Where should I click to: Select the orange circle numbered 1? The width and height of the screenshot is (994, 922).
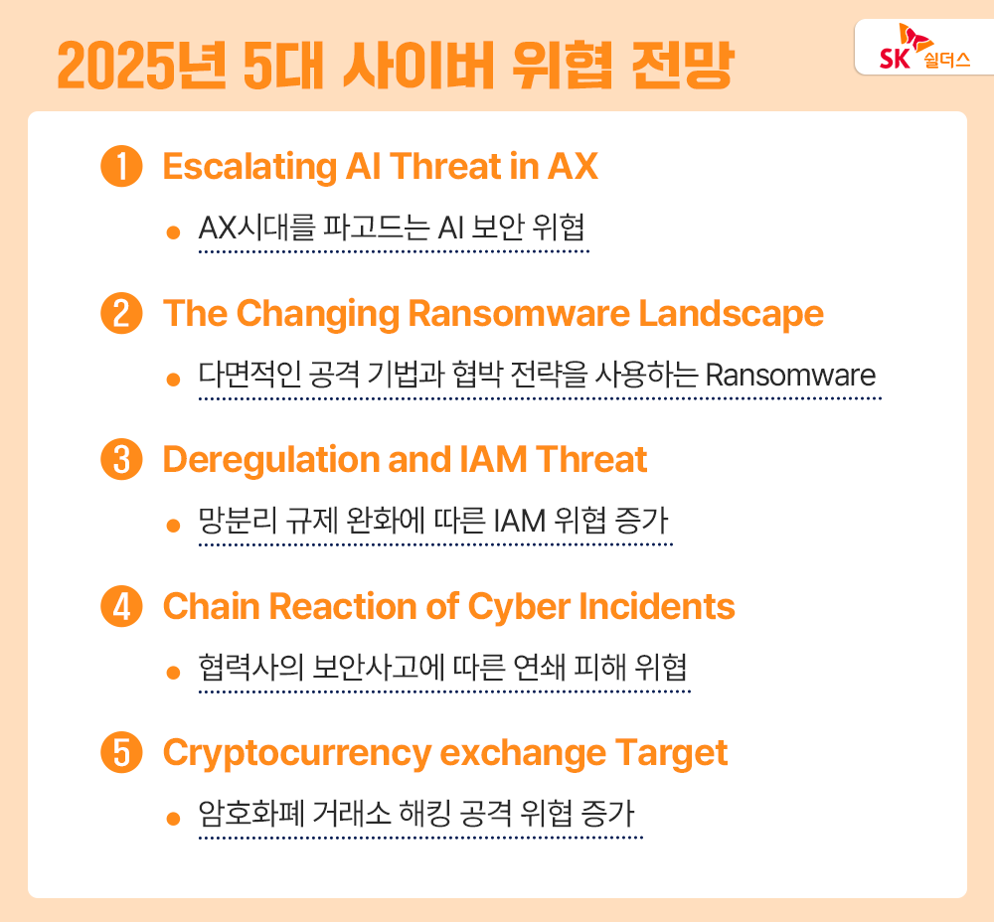tap(122, 167)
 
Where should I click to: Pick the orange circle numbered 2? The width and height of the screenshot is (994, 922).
tap(122, 314)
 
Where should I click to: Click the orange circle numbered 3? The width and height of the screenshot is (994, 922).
tap(122, 460)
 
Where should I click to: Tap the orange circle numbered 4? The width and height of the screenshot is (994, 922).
tap(122, 606)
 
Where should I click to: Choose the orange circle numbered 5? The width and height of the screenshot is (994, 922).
tap(122, 753)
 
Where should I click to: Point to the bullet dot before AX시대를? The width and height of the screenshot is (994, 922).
tap(173, 231)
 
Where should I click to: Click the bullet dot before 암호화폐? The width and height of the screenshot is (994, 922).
tap(173, 818)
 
